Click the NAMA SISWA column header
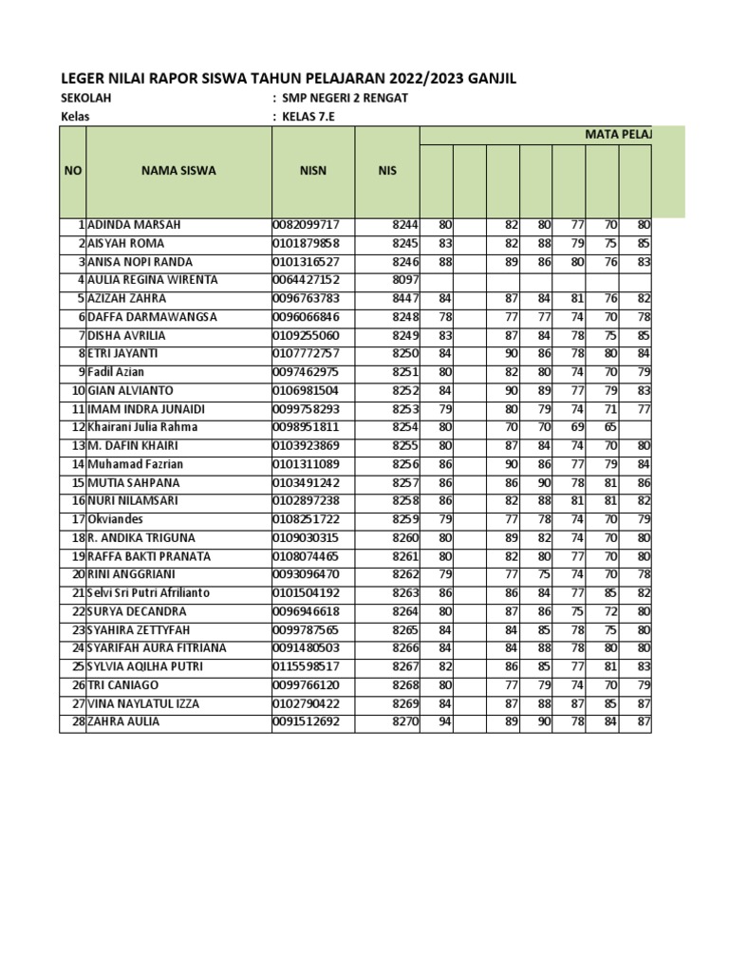click(178, 171)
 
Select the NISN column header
click(313, 171)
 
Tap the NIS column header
click(387, 171)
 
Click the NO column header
click(73, 171)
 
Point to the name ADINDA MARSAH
click(134, 225)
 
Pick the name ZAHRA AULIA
click(123, 721)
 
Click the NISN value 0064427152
click(312, 280)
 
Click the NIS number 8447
click(404, 298)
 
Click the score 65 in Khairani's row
click(609, 427)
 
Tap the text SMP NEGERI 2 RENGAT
click(346, 99)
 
